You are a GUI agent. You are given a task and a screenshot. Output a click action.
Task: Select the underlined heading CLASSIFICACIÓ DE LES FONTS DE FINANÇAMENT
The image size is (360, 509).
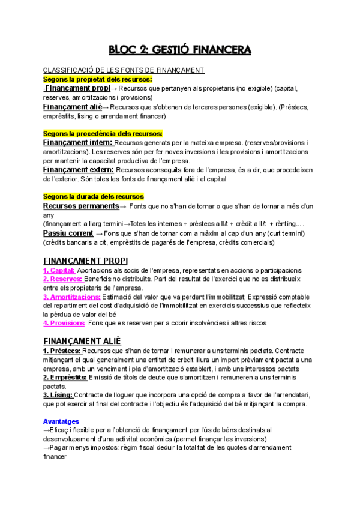[x=124, y=70]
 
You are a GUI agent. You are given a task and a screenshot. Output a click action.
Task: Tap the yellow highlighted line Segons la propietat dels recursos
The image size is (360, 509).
[x=97, y=79]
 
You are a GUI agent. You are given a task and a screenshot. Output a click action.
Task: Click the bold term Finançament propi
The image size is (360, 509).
[x=77, y=88]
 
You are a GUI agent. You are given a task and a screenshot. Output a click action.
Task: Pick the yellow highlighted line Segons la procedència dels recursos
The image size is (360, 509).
[x=103, y=133]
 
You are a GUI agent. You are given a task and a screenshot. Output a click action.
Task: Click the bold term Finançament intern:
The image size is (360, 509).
[x=78, y=143]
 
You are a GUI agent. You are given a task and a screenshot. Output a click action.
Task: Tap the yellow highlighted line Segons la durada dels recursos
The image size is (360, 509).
[x=93, y=197]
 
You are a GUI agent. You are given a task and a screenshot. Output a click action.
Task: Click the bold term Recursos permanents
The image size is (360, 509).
[x=81, y=206]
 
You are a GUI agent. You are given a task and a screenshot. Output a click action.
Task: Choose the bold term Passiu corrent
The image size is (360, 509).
[x=68, y=233]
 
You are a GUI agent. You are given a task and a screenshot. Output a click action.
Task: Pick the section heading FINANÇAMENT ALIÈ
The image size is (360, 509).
[x=82, y=340]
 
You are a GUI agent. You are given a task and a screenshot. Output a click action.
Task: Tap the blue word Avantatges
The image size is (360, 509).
[x=61, y=421]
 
